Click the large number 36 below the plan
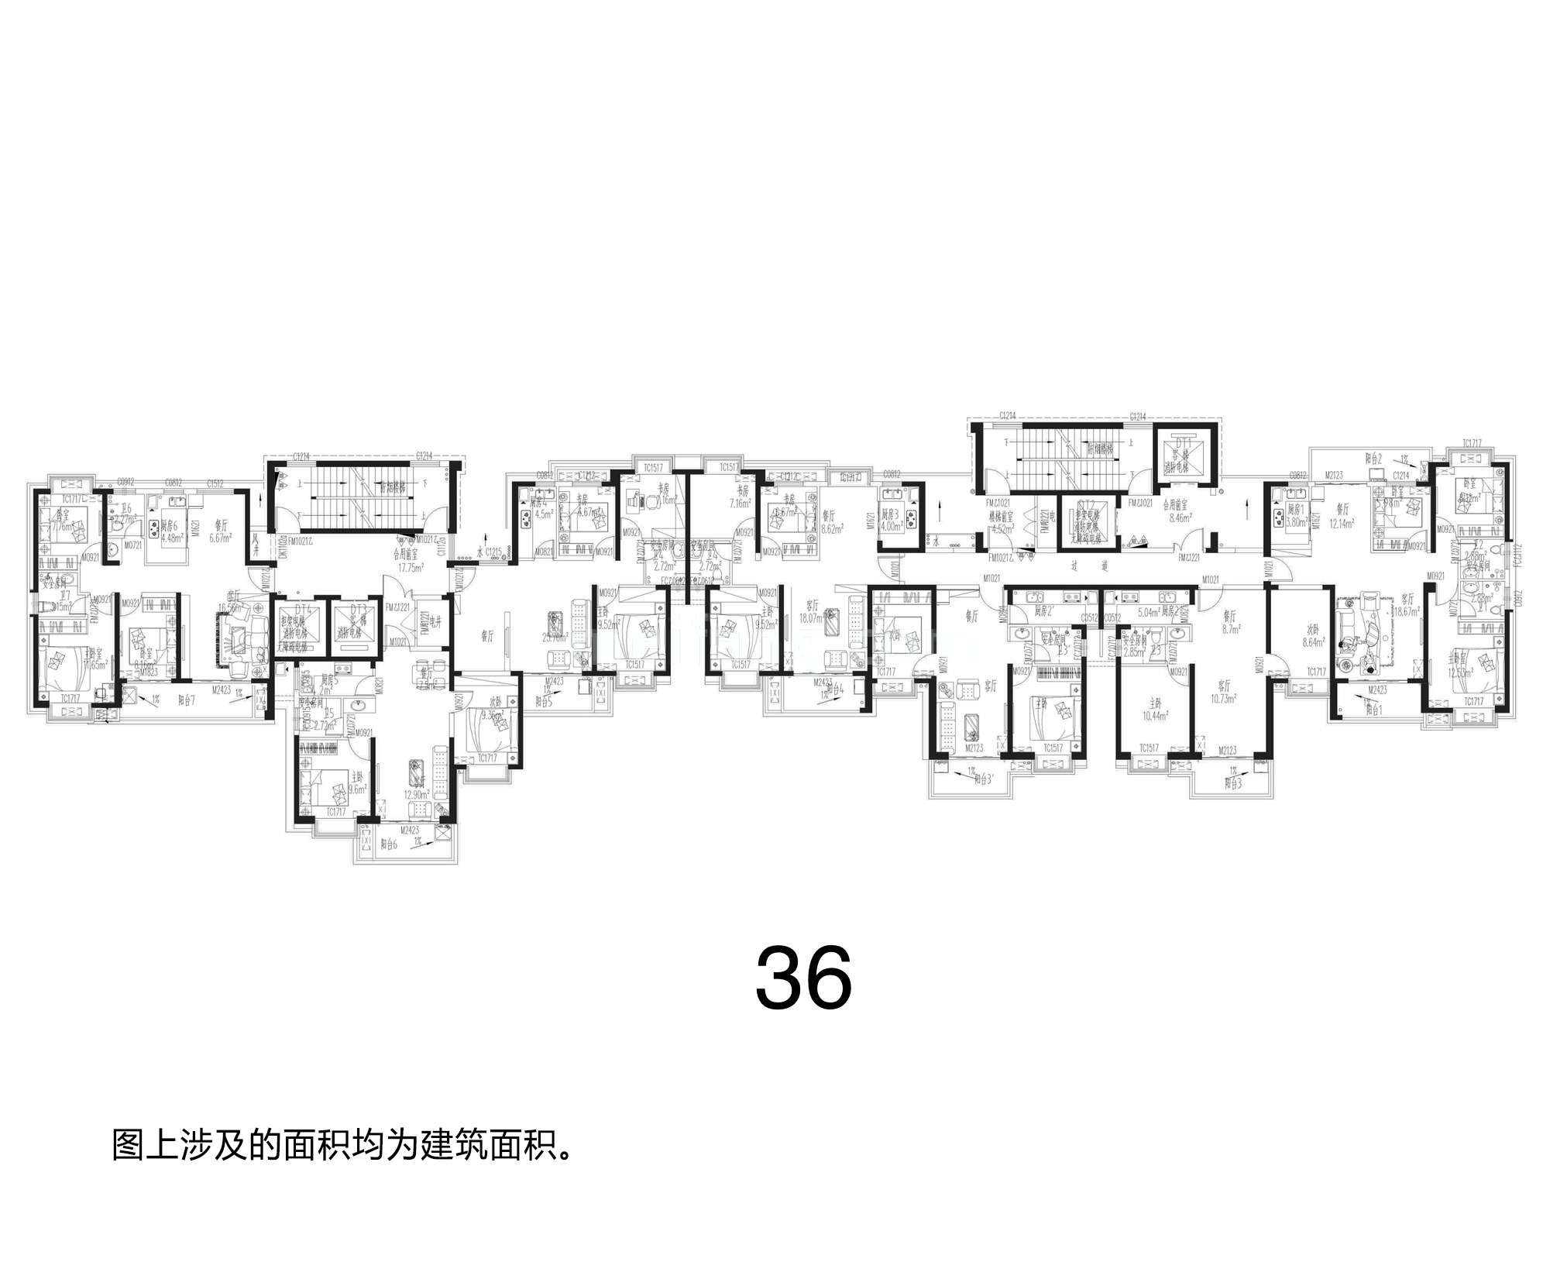[x=803, y=978]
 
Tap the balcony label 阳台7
[x=187, y=700]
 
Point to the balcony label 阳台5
[x=545, y=701]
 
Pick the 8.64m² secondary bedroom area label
[x=1315, y=642]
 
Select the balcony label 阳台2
[x=1373, y=459]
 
